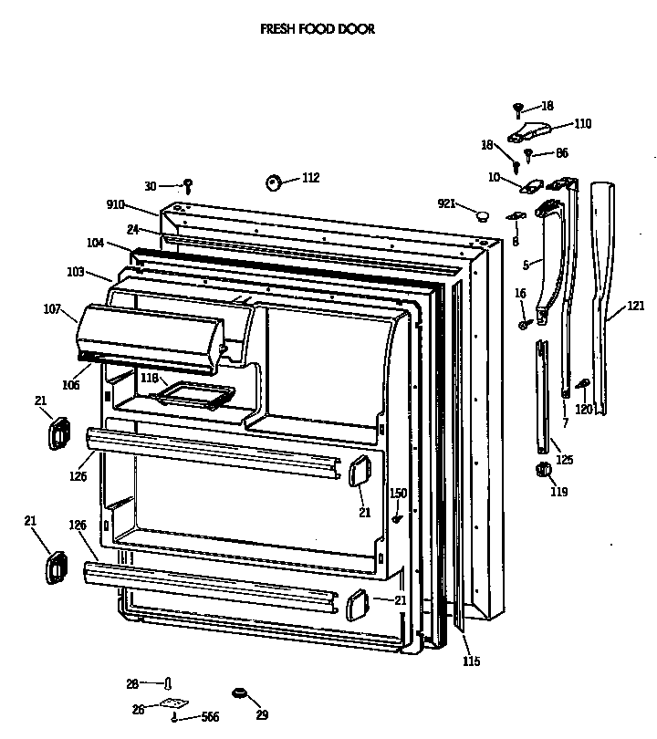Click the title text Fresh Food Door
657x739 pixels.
point(318,29)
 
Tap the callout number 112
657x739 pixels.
point(310,178)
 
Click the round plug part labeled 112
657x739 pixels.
point(273,182)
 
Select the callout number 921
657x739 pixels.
point(446,203)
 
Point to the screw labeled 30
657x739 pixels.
point(188,186)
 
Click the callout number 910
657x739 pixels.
point(116,204)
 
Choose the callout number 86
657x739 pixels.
point(561,153)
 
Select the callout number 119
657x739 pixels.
point(558,492)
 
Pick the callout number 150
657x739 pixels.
point(399,494)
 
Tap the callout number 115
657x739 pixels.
point(471,661)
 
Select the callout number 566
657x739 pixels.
point(210,717)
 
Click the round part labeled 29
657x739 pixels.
point(240,695)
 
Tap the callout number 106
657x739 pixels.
point(71,385)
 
